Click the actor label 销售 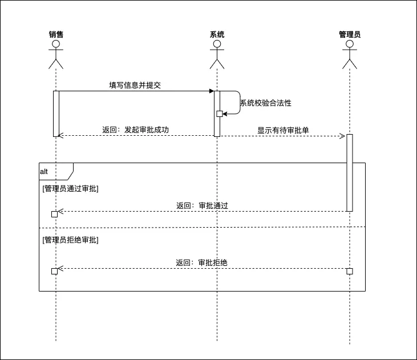coord(56,34)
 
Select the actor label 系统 coord(217,34)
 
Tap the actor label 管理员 coord(350,34)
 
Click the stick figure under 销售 coord(56,54)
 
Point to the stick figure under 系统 coord(217,54)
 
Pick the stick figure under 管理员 coord(350,54)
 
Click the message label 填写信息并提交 coord(135,85)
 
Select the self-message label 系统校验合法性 coord(266,103)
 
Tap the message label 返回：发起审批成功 coord(136,130)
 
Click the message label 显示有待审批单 coord(283,130)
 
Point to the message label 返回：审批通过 coord(203,205)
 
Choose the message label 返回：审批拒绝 coord(203,262)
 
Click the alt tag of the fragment coord(44,171)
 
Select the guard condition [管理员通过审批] coord(70,189)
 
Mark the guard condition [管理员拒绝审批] coord(70,240)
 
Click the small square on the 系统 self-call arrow coord(220,114)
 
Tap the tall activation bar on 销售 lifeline coord(56,114)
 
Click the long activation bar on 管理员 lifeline coord(350,172)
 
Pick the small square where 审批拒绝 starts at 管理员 coord(350,270)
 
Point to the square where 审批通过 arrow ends coord(55,214)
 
